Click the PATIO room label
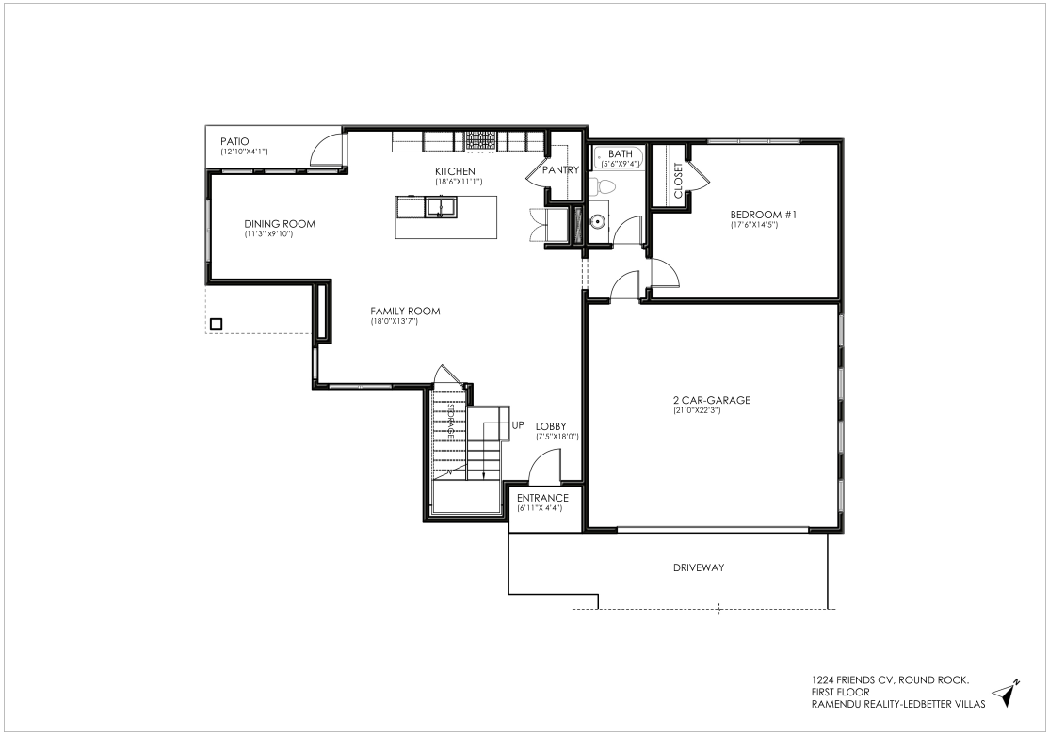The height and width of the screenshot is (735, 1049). click(234, 142)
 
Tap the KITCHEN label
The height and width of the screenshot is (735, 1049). click(455, 172)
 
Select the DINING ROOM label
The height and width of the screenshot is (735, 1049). click(279, 224)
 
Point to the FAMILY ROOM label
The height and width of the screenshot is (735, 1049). click(406, 311)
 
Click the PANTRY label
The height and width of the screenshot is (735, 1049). click(560, 170)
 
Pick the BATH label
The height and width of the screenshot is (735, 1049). click(621, 154)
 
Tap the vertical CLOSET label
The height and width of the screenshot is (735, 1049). click(678, 181)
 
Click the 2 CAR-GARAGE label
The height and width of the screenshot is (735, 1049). click(711, 400)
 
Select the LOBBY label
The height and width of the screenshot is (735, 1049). click(551, 426)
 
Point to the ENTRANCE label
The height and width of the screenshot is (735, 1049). click(542, 498)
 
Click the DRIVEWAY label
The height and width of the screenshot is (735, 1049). click(699, 567)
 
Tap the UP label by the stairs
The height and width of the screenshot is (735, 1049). click(518, 424)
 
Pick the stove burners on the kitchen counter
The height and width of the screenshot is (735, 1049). click(482, 140)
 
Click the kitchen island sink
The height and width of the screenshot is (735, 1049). click(440, 207)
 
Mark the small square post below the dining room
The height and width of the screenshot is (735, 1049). click(216, 325)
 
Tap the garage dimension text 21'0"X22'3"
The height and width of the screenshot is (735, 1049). click(697, 410)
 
